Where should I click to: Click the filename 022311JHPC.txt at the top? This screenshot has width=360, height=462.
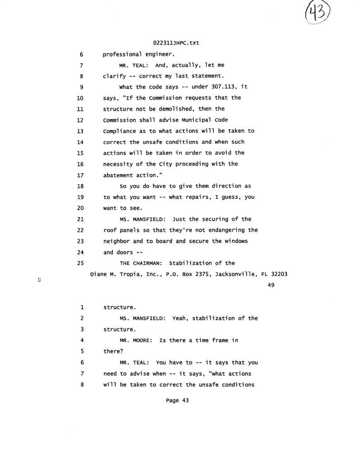tap(176, 43)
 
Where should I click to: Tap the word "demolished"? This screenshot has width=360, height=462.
tap(178, 109)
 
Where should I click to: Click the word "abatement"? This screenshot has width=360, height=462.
tap(118, 175)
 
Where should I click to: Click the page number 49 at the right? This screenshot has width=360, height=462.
tap(271, 285)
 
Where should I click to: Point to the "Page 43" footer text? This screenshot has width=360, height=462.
tap(177, 400)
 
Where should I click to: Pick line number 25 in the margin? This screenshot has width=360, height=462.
tap(82, 263)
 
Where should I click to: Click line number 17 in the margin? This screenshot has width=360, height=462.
tap(82, 175)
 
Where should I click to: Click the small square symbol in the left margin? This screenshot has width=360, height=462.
tap(40, 280)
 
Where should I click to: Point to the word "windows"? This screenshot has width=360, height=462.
tap(234, 241)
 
